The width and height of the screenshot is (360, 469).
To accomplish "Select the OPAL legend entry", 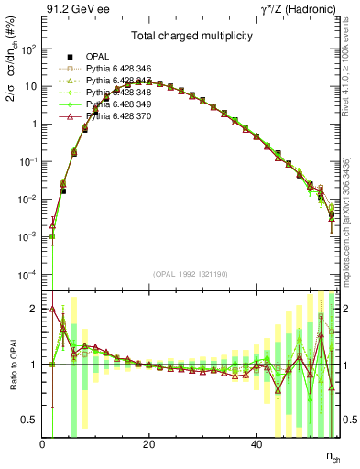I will click(99, 57).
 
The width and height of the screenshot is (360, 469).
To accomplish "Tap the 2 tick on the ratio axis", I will click(35, 309).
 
